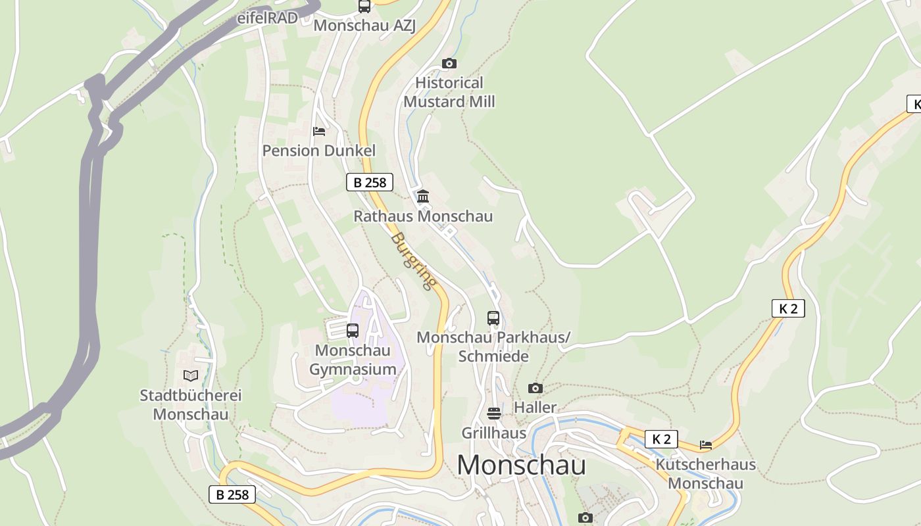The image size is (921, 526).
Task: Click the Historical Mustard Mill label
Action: point(449,92)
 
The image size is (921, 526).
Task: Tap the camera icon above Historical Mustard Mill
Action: point(449,64)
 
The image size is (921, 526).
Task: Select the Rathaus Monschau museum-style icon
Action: point(423,197)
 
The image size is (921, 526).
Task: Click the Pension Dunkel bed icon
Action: point(319,131)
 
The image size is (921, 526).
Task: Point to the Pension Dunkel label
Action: point(319,151)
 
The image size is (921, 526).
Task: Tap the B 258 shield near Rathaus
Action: point(369,182)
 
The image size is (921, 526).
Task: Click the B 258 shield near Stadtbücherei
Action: point(232,494)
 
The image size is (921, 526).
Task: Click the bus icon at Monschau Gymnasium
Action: point(353,331)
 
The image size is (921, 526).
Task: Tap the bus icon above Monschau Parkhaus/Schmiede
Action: point(493,318)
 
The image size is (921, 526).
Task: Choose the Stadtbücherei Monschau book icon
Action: point(191,375)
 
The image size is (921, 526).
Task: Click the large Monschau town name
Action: point(521,465)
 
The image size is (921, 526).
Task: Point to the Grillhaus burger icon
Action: point(494,414)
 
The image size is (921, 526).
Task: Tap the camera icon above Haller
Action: point(535,389)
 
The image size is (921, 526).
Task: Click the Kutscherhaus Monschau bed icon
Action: point(706,445)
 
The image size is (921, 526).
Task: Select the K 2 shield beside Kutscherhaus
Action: point(661,439)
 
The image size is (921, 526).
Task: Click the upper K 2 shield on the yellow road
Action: point(787,308)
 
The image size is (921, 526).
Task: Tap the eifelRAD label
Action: point(268,18)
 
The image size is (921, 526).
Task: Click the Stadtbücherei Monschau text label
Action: point(191,405)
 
